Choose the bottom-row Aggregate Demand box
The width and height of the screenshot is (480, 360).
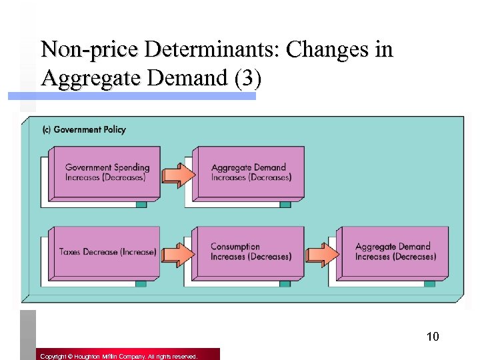[x=393, y=252]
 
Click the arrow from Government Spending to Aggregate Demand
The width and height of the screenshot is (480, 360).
[x=178, y=174]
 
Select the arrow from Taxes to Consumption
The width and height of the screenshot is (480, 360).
[x=177, y=254]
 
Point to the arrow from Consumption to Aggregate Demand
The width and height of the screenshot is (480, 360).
[x=322, y=254]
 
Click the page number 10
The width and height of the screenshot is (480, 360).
[x=433, y=336]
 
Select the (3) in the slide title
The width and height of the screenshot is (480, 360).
[x=247, y=79]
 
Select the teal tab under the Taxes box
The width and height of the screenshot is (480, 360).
[x=141, y=283]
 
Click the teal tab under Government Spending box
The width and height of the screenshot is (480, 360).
[x=141, y=204]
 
